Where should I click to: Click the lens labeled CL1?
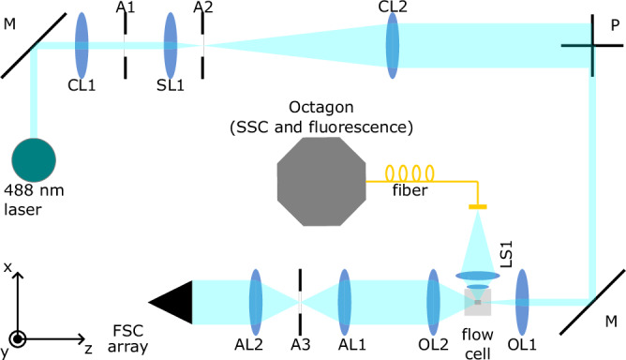82,44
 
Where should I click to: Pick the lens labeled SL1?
171,44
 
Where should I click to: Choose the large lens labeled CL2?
394,44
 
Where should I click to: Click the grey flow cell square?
478,302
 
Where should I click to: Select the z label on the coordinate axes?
87,347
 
